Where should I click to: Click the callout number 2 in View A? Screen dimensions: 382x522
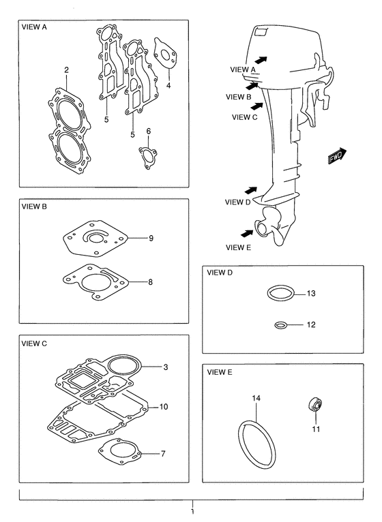(67, 70)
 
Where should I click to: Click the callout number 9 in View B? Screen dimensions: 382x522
(151, 239)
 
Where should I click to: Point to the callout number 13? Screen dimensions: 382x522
(311, 294)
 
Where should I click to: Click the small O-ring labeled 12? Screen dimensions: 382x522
(280, 324)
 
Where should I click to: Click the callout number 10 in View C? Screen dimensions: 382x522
(164, 407)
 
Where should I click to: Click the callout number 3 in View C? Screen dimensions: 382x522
(166, 367)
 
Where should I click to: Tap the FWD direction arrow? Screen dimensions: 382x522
(338, 156)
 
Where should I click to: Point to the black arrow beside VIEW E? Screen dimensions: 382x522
(247, 233)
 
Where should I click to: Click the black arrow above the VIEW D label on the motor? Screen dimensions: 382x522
(250, 190)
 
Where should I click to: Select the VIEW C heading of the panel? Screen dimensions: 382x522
(34, 344)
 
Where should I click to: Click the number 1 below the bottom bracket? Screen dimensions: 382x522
(192, 511)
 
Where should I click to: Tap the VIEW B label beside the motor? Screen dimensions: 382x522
(238, 97)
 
